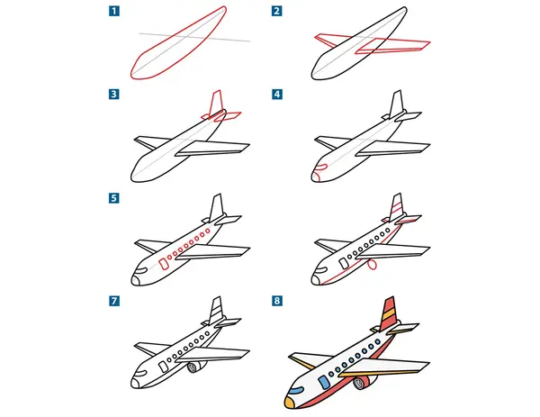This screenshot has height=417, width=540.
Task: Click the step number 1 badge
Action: point(114,11)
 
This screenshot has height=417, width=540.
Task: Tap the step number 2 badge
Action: point(277,11)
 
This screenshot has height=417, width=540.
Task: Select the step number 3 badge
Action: point(114,94)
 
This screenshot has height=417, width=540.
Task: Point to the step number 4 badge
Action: point(277,94)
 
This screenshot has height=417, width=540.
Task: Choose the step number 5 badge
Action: point(114,198)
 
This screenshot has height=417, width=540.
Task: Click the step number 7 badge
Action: point(114,301)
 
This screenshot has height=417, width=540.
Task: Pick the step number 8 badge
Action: point(277,301)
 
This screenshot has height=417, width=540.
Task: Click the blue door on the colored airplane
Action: point(324,382)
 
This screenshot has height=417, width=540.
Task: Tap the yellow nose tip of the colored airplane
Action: point(289,403)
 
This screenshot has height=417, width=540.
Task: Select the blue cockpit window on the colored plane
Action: point(296,390)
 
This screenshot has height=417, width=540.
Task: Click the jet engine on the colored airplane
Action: point(364,382)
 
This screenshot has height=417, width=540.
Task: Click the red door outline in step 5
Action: point(164,264)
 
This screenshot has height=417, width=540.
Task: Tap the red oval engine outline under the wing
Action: point(372,265)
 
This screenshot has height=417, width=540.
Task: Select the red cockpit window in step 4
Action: point(321,168)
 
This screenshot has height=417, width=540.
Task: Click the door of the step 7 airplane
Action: point(164,367)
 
